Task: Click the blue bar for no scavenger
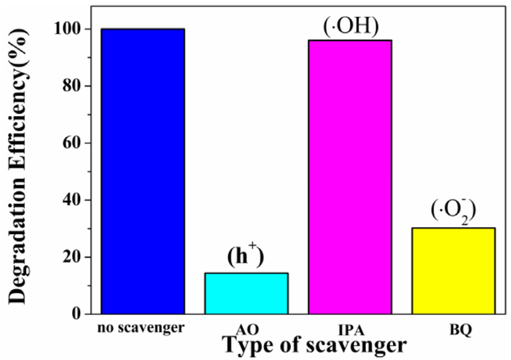tap(143, 171)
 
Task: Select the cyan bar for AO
tap(246, 293)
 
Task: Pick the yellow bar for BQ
tap(453, 271)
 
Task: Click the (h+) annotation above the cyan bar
tap(246, 257)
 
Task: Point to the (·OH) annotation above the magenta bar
tap(351, 27)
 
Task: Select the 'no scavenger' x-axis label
tap(141, 328)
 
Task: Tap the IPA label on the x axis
tap(351, 329)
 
